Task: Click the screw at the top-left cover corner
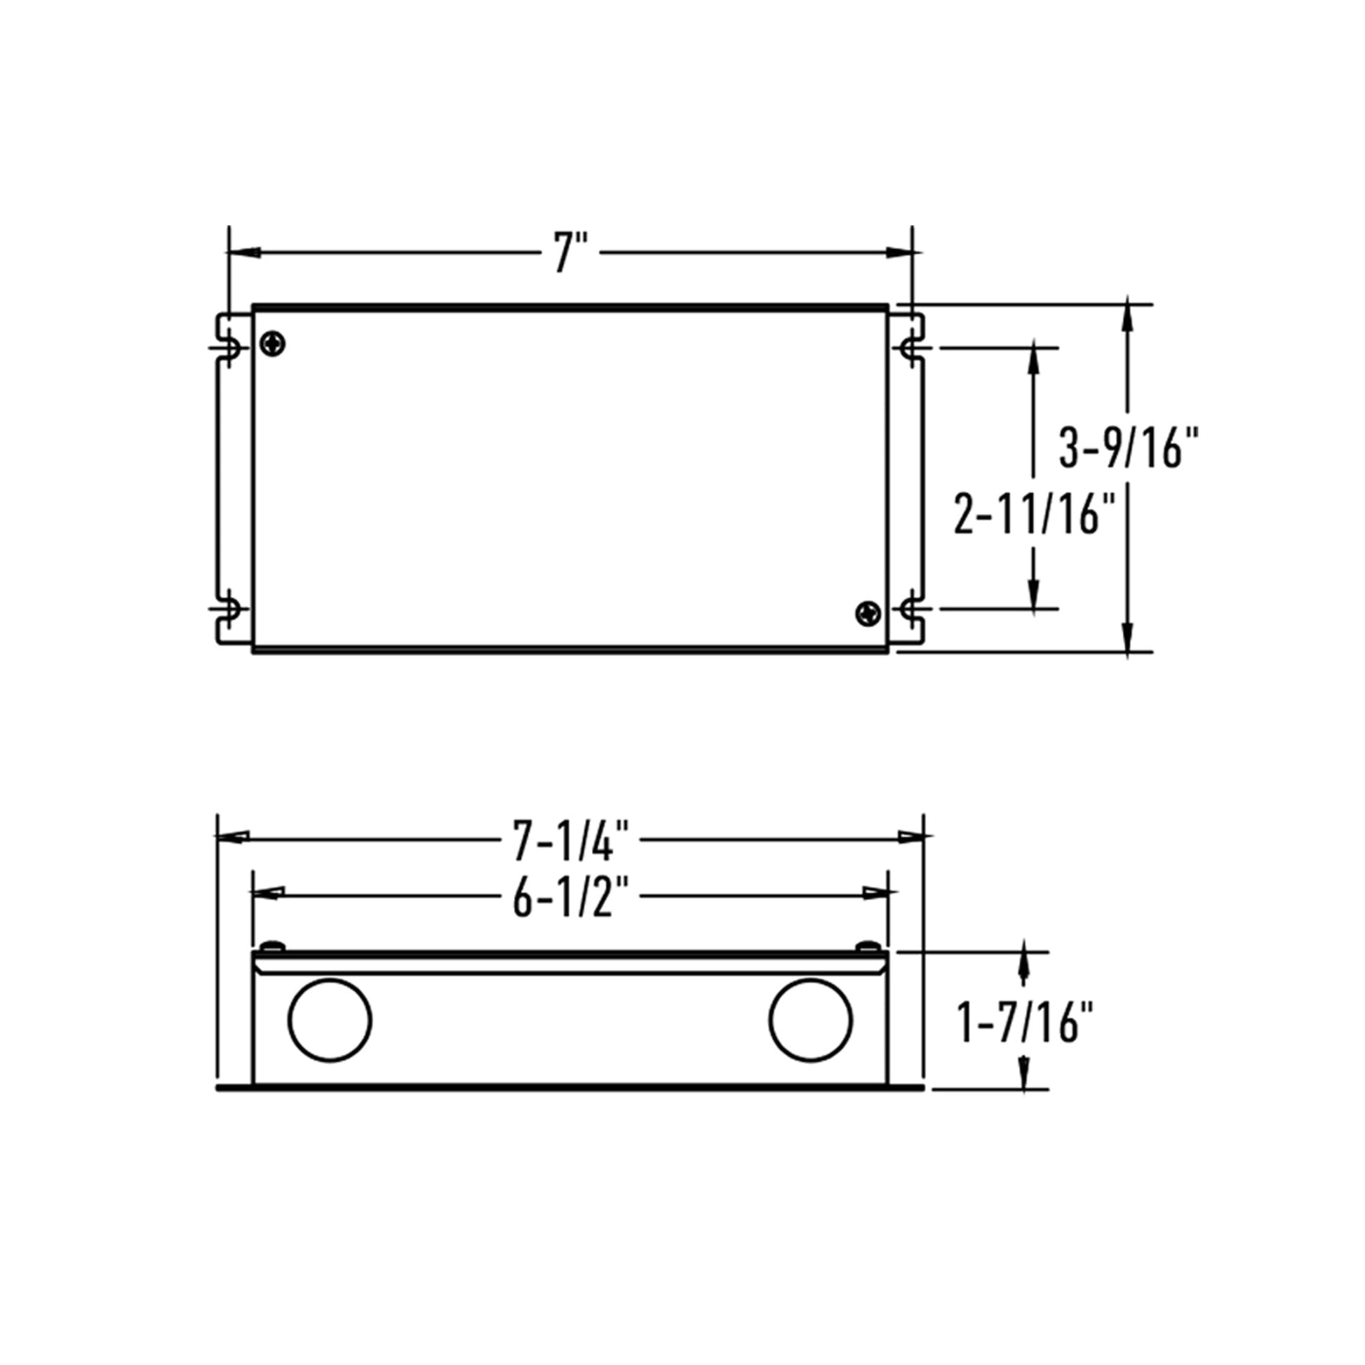click(272, 344)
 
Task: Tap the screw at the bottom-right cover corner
click(868, 612)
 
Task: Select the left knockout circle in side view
click(330, 1020)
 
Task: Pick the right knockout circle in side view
click(810, 1020)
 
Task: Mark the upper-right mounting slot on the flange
click(909, 347)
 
